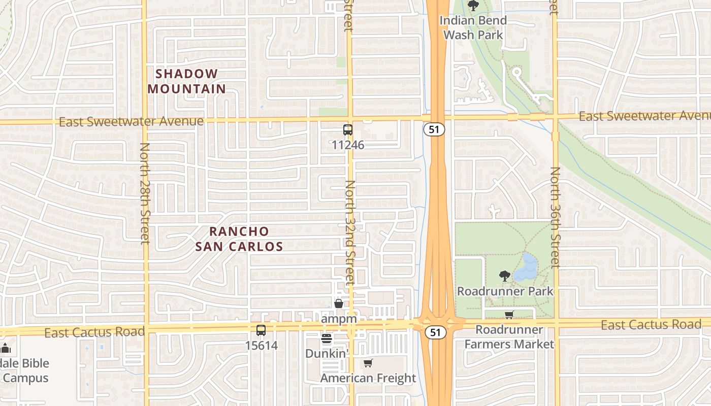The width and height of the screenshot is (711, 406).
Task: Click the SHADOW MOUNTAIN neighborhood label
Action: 186,81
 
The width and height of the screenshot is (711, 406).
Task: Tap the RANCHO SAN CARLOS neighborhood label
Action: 239,239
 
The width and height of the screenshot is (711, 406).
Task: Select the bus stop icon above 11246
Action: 347,130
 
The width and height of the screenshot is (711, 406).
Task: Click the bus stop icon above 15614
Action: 261,330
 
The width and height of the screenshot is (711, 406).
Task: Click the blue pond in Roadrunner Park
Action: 526,268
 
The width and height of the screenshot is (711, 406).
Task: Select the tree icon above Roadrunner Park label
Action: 504,277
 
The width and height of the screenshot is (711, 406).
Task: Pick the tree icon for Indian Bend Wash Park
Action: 473,6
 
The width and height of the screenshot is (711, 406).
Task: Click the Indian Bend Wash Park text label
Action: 473,27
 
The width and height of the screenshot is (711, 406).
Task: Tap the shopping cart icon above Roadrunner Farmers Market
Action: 509,315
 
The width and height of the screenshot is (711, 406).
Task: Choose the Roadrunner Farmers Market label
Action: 509,337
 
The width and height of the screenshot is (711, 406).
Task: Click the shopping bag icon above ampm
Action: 338,303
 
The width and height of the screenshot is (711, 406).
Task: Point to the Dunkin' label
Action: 326,353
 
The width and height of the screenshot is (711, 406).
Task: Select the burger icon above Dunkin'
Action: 326,338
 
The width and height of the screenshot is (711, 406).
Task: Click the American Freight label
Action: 368,378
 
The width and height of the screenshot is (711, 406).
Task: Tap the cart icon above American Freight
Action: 368,363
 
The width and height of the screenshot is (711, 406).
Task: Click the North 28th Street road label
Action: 145,193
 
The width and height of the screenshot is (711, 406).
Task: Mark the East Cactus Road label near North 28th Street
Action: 94,332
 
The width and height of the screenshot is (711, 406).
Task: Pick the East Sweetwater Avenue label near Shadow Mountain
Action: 131,122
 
